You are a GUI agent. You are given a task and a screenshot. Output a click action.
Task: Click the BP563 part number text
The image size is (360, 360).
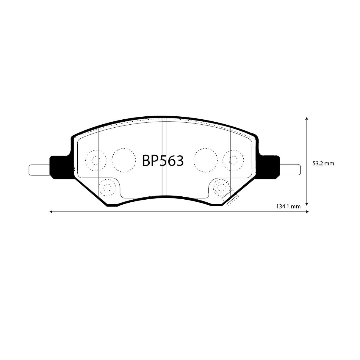pos(163,160)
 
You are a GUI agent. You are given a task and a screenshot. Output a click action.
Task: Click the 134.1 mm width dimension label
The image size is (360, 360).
pos(289,206)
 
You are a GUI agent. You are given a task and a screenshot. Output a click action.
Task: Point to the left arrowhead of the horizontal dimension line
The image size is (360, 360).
pos(51,212)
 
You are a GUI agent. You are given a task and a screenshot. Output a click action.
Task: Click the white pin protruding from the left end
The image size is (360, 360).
pos(39,170)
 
